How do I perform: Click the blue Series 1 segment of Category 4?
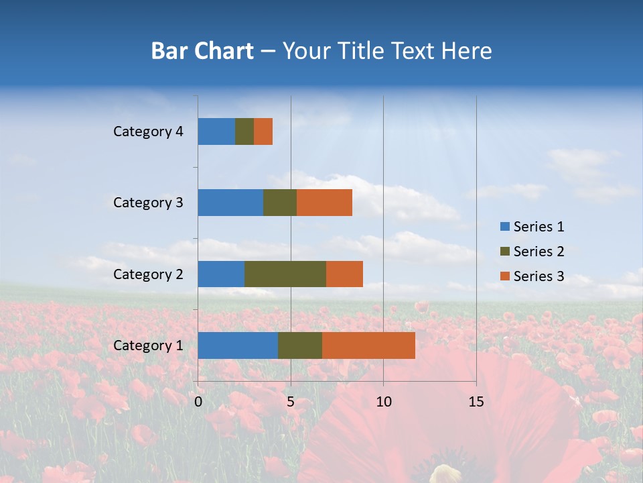coord(216,131)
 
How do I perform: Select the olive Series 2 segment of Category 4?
coord(244,131)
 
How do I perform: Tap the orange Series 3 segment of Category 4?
coord(263,131)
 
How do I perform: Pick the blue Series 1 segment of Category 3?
coord(230,203)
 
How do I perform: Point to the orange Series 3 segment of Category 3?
coord(324,203)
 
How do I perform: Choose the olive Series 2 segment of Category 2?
coord(285,274)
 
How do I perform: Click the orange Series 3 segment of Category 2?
coord(344,274)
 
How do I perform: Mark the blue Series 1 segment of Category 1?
coord(238,345)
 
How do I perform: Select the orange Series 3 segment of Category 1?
coord(368,345)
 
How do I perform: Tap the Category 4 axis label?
coord(148,131)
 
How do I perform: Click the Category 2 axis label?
coord(148,274)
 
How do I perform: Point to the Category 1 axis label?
coord(148,345)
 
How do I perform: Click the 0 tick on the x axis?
coord(198,402)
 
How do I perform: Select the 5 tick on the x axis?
coord(291,402)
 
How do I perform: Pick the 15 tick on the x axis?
coord(476,402)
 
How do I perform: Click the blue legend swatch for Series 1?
coord(504,227)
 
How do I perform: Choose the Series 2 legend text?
coord(539,252)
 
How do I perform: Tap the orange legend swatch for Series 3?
coord(504,276)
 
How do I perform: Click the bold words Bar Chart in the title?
coord(202,51)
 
